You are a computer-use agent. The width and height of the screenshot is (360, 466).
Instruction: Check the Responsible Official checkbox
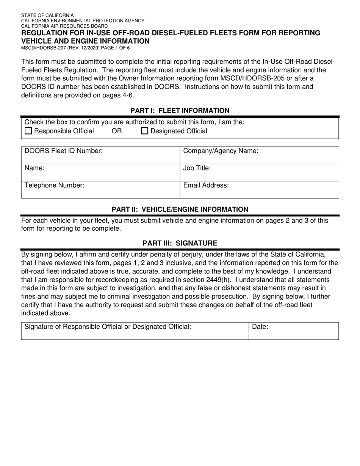28,131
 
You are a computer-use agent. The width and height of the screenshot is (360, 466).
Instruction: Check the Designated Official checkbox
145,131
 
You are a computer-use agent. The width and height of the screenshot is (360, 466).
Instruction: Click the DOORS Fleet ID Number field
100,155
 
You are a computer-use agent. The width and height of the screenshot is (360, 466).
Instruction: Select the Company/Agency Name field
259,155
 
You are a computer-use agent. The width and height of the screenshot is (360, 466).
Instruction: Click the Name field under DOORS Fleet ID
100,172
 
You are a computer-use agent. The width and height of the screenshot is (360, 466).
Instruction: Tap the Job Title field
259,172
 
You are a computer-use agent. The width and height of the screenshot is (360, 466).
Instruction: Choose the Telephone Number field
100,189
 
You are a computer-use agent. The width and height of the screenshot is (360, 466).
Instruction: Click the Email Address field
259,189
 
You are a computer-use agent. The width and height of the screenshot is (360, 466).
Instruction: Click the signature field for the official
135,331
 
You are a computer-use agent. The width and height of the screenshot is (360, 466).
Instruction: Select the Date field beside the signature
294,331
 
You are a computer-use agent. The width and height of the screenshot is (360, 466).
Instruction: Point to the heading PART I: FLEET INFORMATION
180,111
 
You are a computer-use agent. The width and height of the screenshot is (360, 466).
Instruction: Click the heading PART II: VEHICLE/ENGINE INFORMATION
180,209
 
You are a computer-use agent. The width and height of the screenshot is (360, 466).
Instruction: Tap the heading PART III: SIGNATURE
180,243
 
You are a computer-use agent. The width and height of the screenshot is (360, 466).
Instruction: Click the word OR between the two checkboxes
117,131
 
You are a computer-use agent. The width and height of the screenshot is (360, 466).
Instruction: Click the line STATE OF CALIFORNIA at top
47,16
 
